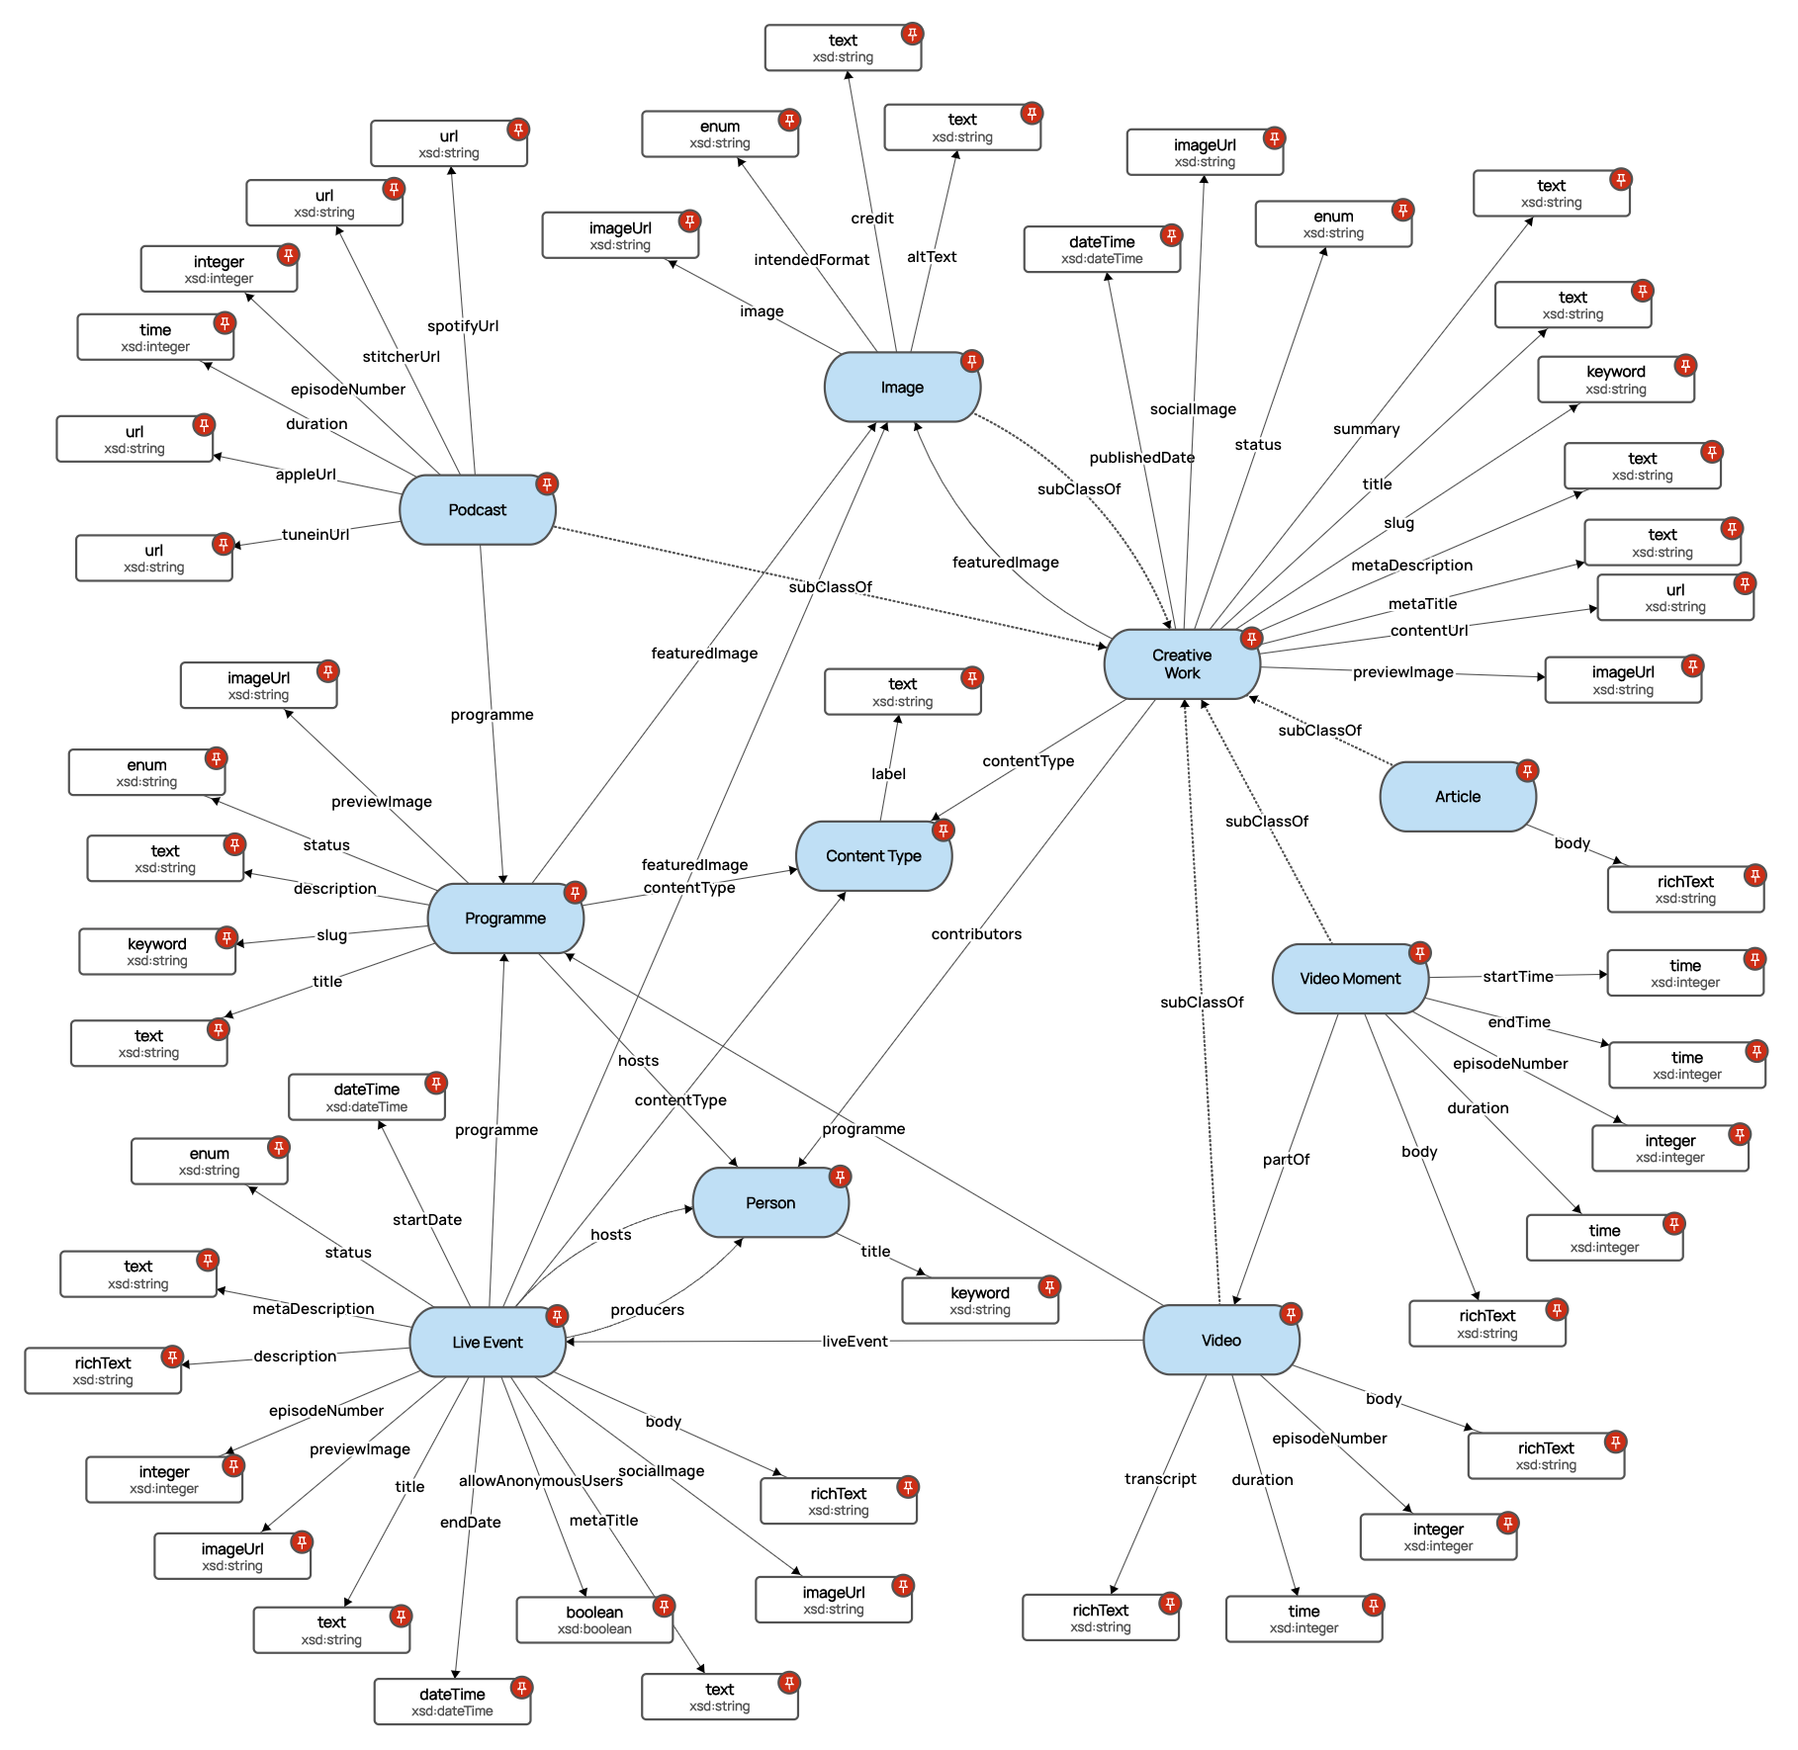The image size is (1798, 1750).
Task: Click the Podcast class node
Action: [x=477, y=510]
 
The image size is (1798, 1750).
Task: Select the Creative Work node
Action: [x=1181, y=664]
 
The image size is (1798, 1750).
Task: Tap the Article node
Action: [x=1457, y=797]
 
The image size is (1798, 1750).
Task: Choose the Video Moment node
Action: [x=1349, y=979]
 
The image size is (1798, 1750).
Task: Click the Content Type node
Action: [x=873, y=856]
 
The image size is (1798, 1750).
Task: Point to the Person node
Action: [x=769, y=1203]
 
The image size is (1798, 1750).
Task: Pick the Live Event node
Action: [x=487, y=1343]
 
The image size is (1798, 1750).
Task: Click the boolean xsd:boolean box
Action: [x=593, y=1619]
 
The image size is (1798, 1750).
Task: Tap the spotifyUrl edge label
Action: [x=463, y=326]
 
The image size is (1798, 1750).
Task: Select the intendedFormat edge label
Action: [x=811, y=260]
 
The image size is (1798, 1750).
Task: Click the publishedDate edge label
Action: [x=1141, y=458]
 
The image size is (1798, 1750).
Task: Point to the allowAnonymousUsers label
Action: [x=540, y=1481]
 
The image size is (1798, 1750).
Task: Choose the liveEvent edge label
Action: [x=854, y=1342]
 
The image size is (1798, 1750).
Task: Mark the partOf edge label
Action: [x=1286, y=1160]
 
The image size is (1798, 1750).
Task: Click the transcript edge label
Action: [x=1160, y=1479]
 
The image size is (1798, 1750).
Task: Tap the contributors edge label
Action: [x=976, y=934]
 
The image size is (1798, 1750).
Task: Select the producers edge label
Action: [x=647, y=1310]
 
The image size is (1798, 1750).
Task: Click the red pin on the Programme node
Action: [x=575, y=893]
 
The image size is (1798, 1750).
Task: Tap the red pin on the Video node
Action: [x=1291, y=1314]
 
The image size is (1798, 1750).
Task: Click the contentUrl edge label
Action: [x=1428, y=631]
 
